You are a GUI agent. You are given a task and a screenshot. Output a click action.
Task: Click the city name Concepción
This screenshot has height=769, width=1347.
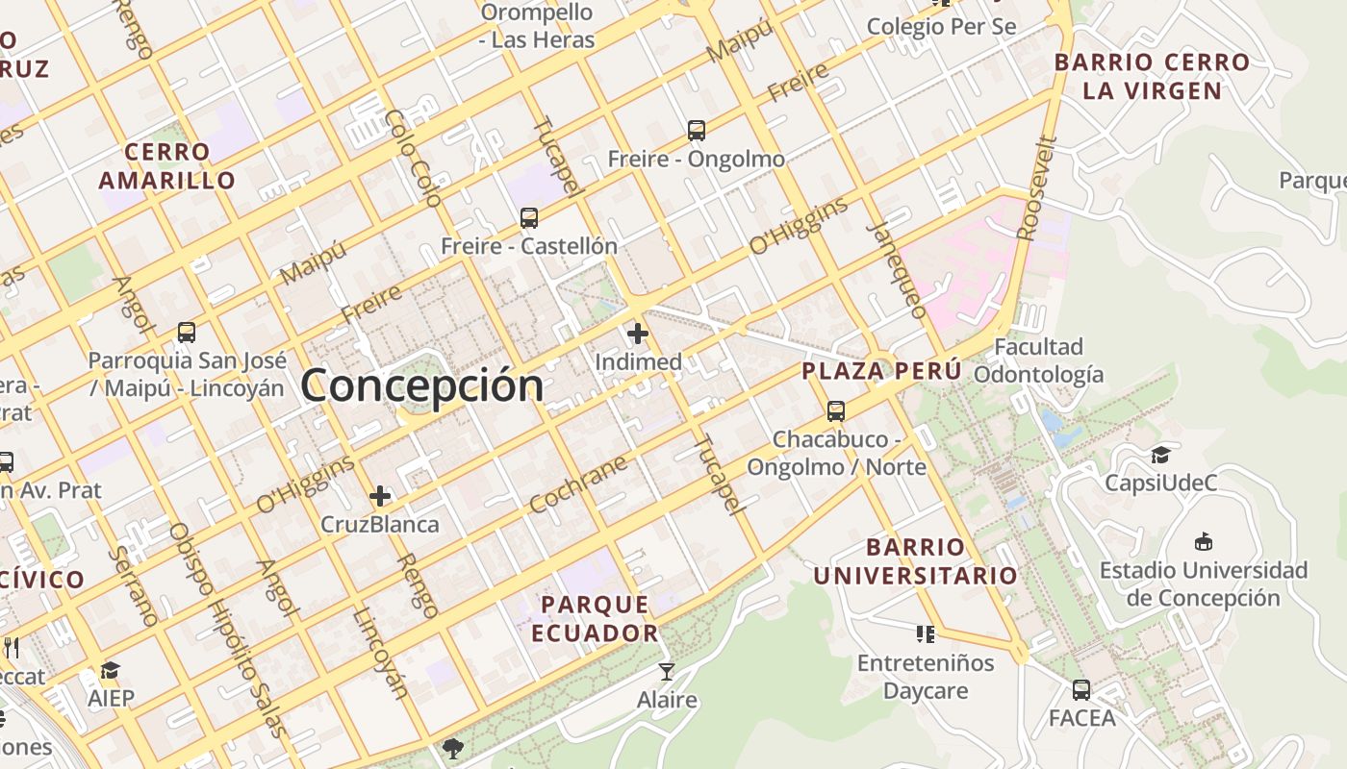(422, 385)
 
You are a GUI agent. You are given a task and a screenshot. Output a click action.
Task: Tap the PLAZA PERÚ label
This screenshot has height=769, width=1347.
(882, 371)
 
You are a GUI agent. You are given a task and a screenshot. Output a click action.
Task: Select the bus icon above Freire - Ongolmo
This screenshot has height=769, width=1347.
(696, 131)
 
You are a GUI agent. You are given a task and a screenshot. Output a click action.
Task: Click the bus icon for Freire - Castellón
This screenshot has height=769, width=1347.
(528, 218)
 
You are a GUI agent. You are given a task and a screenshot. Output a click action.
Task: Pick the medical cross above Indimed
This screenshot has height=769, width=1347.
(637, 335)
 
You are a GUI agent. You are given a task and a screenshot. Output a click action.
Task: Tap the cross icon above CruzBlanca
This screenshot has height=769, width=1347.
(380, 496)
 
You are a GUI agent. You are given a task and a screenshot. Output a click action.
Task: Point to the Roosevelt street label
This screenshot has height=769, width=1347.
(1037, 188)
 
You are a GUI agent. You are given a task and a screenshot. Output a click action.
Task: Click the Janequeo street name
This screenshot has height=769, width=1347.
(897, 270)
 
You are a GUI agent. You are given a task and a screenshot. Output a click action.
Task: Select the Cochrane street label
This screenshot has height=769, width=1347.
(577, 484)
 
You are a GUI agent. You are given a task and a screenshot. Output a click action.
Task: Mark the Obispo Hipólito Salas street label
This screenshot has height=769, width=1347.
(228, 630)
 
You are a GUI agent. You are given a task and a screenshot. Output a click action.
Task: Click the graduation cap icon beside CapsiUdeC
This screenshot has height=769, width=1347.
(1160, 455)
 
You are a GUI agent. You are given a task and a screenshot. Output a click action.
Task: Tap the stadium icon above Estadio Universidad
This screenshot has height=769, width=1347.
(1203, 542)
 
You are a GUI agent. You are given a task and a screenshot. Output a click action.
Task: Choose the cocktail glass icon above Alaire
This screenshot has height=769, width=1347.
(666, 671)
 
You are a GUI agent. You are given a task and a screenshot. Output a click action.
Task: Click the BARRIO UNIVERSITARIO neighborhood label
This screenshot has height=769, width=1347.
(916, 561)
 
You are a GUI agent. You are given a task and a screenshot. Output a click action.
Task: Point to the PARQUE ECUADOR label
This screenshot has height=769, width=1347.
(595, 618)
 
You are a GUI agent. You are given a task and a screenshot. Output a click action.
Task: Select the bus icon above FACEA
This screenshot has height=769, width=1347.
(1081, 689)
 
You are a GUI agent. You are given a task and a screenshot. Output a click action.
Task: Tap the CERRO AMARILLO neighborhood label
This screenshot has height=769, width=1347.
(166, 165)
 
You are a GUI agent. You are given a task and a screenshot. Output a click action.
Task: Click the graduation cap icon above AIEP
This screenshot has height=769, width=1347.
(111, 670)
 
